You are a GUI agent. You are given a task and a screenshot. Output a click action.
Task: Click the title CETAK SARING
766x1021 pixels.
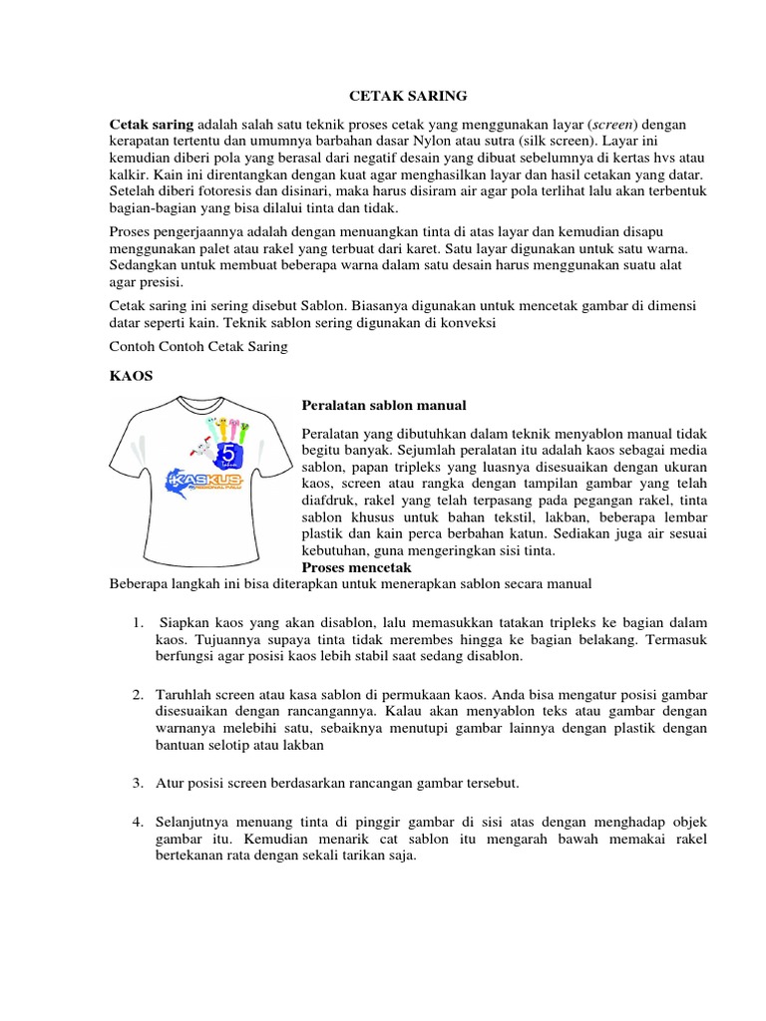[x=407, y=97]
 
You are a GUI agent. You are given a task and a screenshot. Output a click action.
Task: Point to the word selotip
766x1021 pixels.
[x=230, y=744]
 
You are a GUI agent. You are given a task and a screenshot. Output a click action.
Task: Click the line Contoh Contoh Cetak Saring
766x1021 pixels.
[x=197, y=346]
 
